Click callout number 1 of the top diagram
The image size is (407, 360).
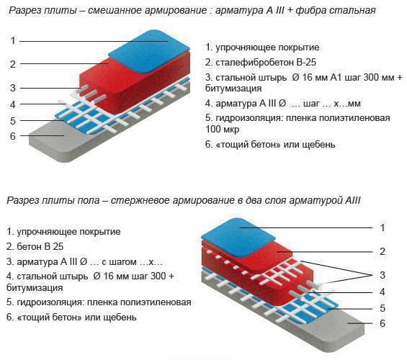pyautogui.click(x=13, y=41)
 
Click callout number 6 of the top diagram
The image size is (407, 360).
pyautogui.click(x=13, y=136)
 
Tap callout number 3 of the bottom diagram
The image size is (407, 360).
pyautogui.click(x=382, y=275)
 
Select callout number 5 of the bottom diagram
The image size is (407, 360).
pyautogui.click(x=382, y=308)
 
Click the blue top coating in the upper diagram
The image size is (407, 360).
pyautogui.click(x=148, y=51)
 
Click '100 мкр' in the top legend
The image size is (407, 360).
pyautogui.click(x=222, y=129)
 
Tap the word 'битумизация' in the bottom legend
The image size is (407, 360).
pyautogui.click(x=35, y=287)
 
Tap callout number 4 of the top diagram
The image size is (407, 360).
pyautogui.click(x=13, y=104)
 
